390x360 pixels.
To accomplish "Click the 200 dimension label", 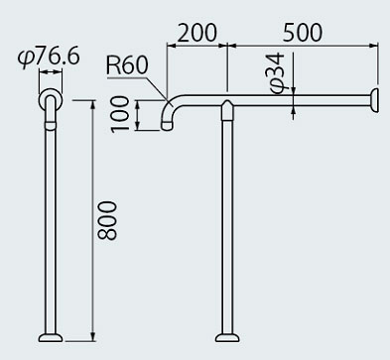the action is [x=197, y=33].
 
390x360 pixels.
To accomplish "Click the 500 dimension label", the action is [x=303, y=33].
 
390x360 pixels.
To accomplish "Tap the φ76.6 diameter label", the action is [x=49, y=58].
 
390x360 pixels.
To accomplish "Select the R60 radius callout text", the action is [x=127, y=65].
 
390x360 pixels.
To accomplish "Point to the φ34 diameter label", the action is [x=277, y=73].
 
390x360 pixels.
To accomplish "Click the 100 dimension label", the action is [x=119, y=114].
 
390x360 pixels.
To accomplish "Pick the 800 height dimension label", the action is [x=107, y=220].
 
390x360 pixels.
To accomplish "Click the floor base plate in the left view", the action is [x=51, y=337].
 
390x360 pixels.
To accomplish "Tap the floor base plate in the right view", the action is [x=227, y=337].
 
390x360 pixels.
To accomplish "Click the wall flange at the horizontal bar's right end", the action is [x=375, y=100].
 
